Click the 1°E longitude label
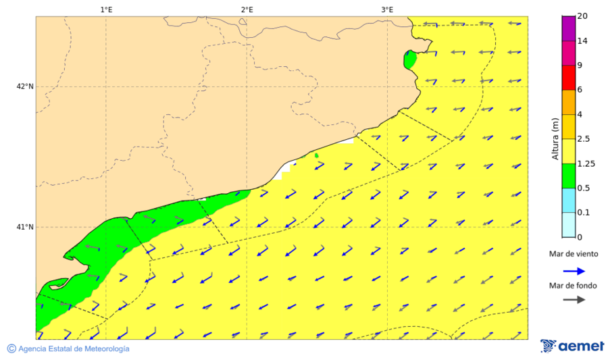[106, 9]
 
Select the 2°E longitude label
[247, 9]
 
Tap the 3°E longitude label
[387, 9]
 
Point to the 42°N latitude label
[25, 86]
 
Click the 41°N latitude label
[25, 227]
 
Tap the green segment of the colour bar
[568, 176]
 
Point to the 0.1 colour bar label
[583, 213]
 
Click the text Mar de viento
[574, 254]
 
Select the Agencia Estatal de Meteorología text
[74, 349]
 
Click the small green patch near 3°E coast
[409, 59]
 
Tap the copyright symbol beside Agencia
[11, 349]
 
